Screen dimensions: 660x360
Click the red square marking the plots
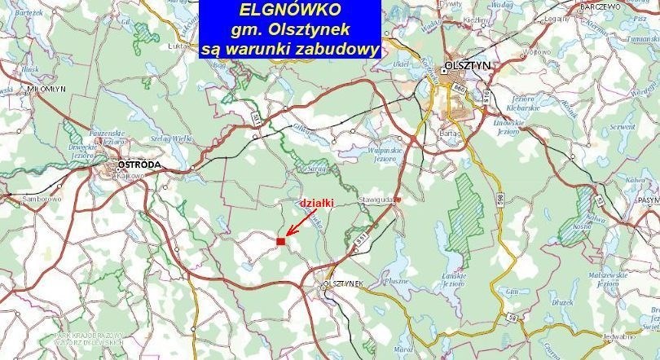[280, 241]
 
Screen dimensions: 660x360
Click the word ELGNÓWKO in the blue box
[290, 11]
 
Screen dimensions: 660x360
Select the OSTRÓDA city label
[140, 165]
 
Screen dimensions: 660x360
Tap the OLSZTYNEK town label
[342, 283]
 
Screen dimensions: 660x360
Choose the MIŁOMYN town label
[22, 90]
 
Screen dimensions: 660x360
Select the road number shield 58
[512, 316]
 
